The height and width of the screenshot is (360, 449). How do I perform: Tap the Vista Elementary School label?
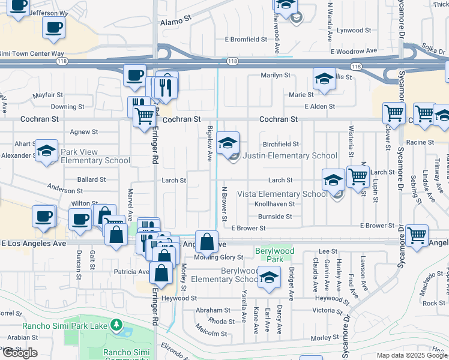[282, 194]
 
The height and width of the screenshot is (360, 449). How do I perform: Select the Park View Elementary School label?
[95, 156]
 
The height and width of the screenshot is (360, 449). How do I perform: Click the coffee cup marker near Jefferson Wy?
[53, 27]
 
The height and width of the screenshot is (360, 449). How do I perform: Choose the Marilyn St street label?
[275, 76]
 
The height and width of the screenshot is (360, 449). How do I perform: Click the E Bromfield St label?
[246, 40]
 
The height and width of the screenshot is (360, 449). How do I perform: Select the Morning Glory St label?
[218, 257]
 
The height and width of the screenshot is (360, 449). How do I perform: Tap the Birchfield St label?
[281, 145]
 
